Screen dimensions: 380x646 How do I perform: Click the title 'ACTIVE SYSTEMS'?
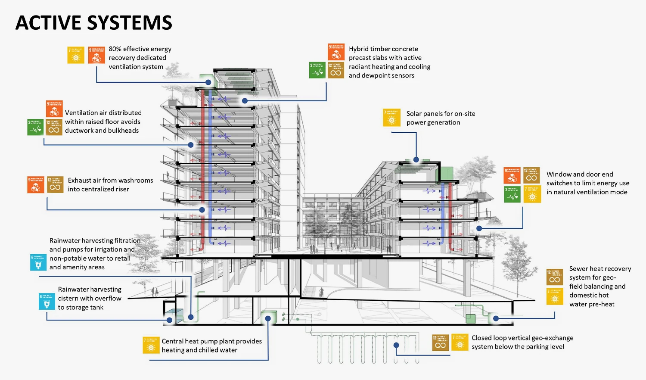(93, 23)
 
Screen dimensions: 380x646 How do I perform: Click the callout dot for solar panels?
(416, 160)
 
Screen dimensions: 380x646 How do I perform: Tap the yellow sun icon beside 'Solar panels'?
(391, 118)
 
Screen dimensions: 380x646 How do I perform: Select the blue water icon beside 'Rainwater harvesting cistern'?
(47, 302)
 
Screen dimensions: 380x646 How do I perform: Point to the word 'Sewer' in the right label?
(578, 269)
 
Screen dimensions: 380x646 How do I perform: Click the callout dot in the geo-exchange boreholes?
(396, 345)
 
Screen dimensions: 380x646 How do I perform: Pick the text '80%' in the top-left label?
(115, 49)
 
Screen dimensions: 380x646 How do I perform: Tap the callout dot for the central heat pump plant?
(268, 319)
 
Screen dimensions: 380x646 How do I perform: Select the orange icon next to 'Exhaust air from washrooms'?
(36, 185)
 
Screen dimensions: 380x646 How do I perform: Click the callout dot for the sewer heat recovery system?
(496, 319)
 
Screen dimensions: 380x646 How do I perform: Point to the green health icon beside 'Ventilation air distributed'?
(35, 128)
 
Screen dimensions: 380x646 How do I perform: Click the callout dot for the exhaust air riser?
(202, 210)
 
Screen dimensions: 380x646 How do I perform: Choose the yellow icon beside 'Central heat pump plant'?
(151, 346)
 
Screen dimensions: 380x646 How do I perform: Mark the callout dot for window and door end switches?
(479, 228)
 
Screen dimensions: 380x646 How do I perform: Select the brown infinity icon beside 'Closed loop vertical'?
(441, 343)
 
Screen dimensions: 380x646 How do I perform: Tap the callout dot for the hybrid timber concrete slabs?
(245, 101)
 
